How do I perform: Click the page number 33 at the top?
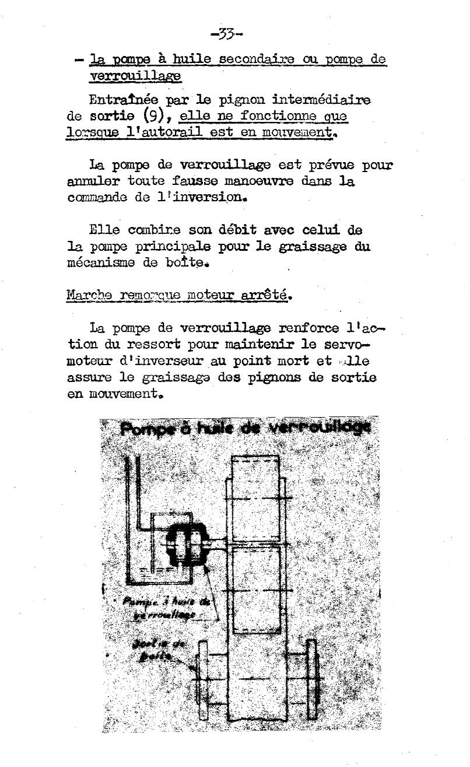pos(227,34)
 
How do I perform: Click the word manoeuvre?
pos(252,181)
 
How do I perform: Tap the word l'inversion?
pos(195,197)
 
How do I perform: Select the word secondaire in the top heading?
pos(256,59)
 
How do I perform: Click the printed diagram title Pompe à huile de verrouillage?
pos(245,428)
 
